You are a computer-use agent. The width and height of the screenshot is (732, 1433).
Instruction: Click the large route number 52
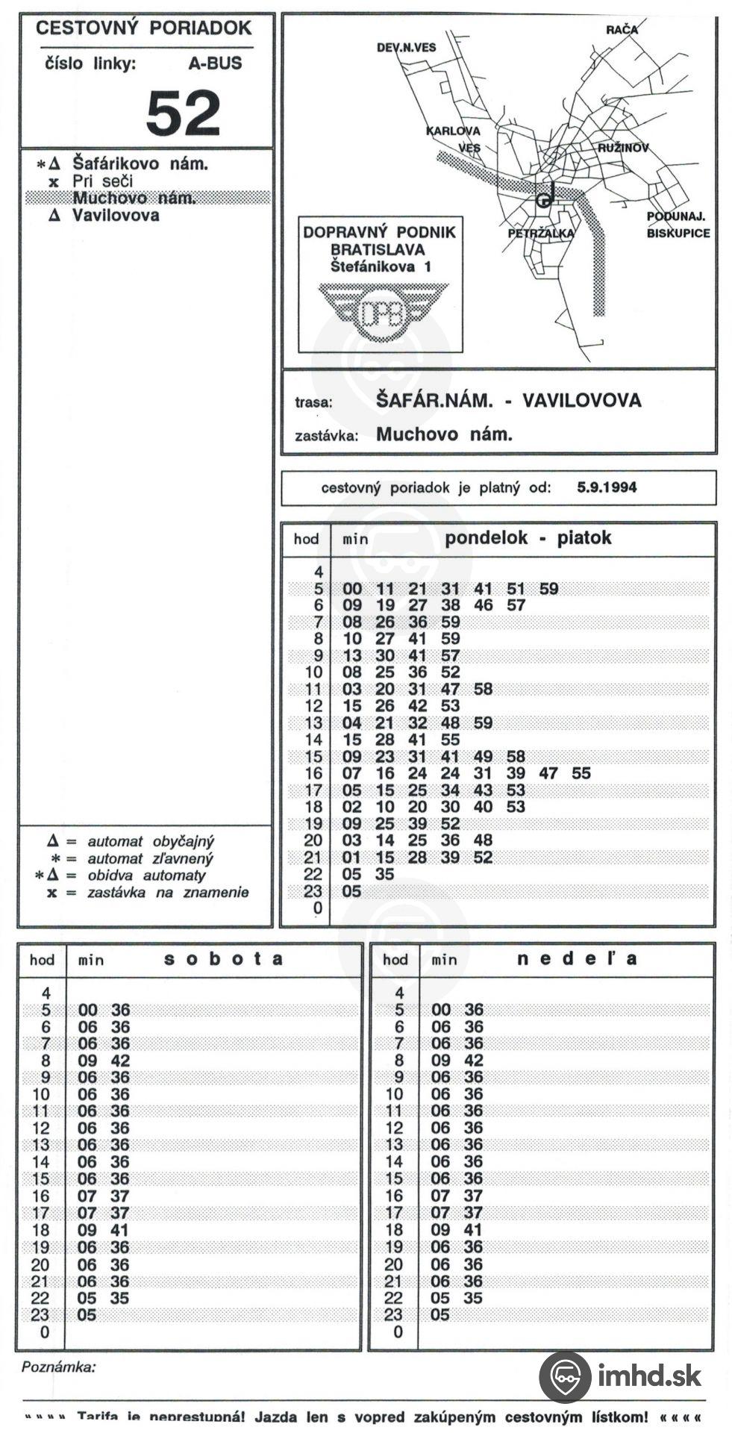pos(183,113)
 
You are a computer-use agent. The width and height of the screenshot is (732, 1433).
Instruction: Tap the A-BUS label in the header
pos(215,63)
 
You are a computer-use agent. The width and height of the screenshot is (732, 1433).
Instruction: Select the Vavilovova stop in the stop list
pos(116,216)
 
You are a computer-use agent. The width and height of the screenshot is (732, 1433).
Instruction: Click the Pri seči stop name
pos(102,181)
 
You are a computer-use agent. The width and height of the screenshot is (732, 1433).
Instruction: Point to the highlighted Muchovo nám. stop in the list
pos(134,199)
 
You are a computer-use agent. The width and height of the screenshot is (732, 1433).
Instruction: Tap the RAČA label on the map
pos(622,30)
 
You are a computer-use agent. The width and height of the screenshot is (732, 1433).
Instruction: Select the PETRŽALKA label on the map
pos(541,233)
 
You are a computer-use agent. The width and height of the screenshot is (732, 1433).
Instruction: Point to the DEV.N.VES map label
pos(406,47)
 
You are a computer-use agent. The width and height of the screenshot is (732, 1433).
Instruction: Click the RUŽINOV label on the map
pos(622,148)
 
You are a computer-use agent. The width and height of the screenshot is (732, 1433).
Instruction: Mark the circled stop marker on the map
pos(544,200)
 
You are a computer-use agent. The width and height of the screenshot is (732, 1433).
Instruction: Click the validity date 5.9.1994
pos(607,487)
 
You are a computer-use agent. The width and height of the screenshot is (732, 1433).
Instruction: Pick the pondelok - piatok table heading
pos(528,537)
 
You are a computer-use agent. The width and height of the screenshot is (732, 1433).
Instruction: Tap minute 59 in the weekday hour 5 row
pos(548,589)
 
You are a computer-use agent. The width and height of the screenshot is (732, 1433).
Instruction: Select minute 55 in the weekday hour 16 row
pos(581,774)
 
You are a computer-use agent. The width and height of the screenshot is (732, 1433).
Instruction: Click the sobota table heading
pos(223,959)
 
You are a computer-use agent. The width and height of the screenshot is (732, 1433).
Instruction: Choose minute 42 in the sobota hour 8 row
pos(119,1061)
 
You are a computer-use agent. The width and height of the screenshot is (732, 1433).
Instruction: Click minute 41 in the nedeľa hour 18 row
pos(473,1230)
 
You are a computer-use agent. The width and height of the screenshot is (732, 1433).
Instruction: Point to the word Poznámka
pos(59,1367)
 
